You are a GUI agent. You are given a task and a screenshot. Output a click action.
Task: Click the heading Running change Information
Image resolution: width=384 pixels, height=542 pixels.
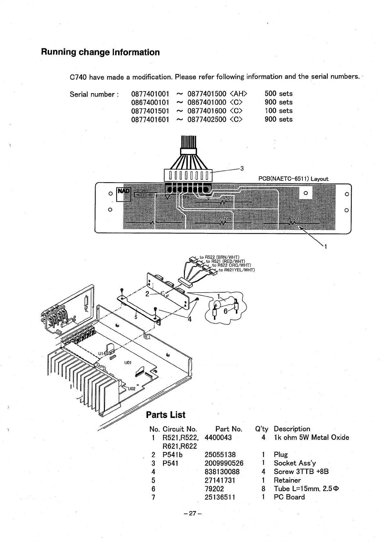(100, 52)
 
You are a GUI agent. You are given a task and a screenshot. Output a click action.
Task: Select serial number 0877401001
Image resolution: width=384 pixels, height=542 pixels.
(150, 94)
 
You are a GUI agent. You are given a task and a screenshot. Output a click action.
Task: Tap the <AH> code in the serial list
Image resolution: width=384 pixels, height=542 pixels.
(239, 94)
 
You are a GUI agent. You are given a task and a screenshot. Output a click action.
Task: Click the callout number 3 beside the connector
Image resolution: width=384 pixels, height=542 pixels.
(242, 168)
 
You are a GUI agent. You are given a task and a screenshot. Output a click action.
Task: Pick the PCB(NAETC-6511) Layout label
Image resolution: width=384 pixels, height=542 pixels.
(293, 179)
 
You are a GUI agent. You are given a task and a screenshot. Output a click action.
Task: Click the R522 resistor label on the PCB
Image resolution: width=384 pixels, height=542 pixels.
(294, 218)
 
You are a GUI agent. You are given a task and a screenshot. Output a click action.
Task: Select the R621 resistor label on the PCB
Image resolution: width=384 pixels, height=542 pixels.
(163, 219)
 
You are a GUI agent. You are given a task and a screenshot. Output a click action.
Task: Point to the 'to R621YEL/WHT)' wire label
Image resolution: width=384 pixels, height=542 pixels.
(237, 270)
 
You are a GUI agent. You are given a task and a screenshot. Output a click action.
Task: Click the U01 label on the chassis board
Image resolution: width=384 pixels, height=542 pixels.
(128, 363)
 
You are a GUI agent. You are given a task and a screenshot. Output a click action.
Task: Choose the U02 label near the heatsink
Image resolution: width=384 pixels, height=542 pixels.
(132, 388)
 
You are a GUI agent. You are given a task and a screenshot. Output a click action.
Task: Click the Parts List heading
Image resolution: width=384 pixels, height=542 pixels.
(166, 415)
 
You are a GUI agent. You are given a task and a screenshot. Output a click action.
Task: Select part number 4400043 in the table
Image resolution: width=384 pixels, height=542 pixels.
(218, 438)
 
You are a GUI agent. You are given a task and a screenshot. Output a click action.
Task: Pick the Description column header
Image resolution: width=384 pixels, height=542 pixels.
(292, 429)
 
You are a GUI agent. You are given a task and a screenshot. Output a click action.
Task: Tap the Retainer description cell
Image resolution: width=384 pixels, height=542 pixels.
(287, 480)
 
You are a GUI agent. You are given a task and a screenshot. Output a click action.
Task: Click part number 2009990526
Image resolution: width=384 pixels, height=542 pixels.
(224, 463)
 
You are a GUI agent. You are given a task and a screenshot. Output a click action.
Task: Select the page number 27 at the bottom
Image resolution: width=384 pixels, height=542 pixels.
(192, 513)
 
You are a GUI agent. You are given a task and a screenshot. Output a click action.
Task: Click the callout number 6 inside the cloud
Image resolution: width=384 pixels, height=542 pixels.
(226, 311)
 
